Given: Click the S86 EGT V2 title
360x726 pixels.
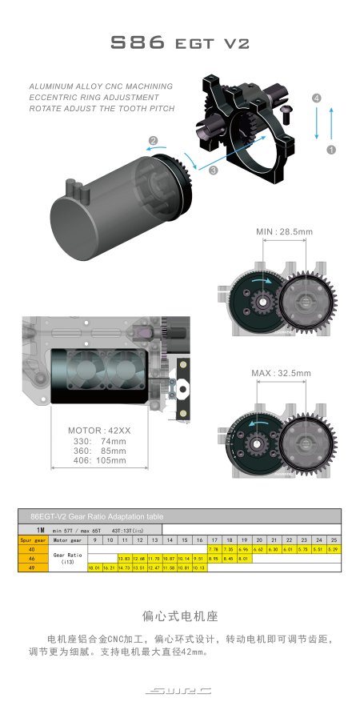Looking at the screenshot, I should pos(180,44).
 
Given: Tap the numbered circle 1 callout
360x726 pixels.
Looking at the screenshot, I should pos(331,149).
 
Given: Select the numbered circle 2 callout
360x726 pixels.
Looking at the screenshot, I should pos(152,141).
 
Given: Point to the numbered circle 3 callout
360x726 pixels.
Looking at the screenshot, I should pos(214,170).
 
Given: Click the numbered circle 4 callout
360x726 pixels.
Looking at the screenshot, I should pos(317,98).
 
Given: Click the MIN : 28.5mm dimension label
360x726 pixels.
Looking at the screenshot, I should pos(284,231).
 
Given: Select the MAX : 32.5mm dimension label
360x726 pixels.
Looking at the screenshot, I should pos(282,373).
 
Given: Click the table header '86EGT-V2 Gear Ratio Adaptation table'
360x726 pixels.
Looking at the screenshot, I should pos(97,516).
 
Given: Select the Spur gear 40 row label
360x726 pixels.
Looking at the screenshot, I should pos(31,549).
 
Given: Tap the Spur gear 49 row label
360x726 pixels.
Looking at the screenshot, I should pos(31,568).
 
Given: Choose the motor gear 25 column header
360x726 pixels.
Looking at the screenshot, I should pos(333,539).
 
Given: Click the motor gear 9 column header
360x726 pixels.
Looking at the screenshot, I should pos(94,539).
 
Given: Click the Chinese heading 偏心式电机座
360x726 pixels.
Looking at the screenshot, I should pos(180,616).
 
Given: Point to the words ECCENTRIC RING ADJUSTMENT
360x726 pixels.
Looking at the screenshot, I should pos(98,96).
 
